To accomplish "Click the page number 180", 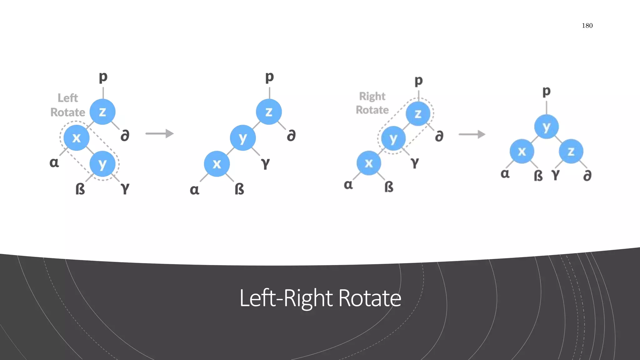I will click(x=587, y=26).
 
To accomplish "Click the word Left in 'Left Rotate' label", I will click(x=67, y=98).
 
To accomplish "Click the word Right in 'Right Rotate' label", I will click(x=372, y=96).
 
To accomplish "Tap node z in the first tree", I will click(x=102, y=112).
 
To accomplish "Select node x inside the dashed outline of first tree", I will click(x=77, y=138).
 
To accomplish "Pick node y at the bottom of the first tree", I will click(x=102, y=164).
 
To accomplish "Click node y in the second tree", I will click(x=243, y=138).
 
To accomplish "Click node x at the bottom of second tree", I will click(x=217, y=164).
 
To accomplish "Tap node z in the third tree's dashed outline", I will click(x=418, y=114).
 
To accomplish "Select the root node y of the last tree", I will click(x=546, y=127).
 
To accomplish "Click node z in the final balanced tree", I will click(x=571, y=152).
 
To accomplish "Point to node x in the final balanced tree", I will click(x=522, y=152).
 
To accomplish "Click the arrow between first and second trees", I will click(x=159, y=134).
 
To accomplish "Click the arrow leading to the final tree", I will click(x=472, y=134).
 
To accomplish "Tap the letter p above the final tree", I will click(x=546, y=91).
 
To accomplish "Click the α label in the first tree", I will click(x=54, y=162).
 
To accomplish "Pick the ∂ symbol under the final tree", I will click(x=587, y=176).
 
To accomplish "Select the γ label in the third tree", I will click(x=414, y=162).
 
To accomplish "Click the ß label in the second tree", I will click(x=239, y=189).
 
